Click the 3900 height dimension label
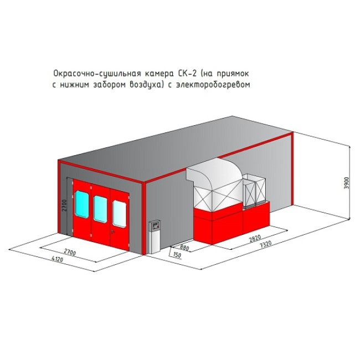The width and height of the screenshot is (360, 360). [x=347, y=183]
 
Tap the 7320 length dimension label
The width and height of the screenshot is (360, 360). [x=266, y=244]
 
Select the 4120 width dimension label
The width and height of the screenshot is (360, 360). [x=58, y=259]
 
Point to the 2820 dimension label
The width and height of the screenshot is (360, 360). [x=255, y=239]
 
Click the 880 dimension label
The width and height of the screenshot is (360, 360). [x=184, y=248]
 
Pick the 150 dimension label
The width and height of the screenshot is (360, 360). [x=177, y=255]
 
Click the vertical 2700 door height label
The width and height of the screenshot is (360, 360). [x=64, y=205]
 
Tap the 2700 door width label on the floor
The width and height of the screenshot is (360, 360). [x=70, y=252]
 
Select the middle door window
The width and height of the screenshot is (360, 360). [x=100, y=209]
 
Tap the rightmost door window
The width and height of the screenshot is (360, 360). [x=119, y=214]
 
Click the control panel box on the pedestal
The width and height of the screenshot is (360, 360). [x=155, y=225]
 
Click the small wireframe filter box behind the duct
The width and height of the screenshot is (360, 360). [x=254, y=190]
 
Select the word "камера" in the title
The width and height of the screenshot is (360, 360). [x=160, y=74]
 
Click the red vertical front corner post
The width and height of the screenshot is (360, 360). [x=144, y=218]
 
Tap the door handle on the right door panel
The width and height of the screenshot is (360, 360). [x=112, y=232]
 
